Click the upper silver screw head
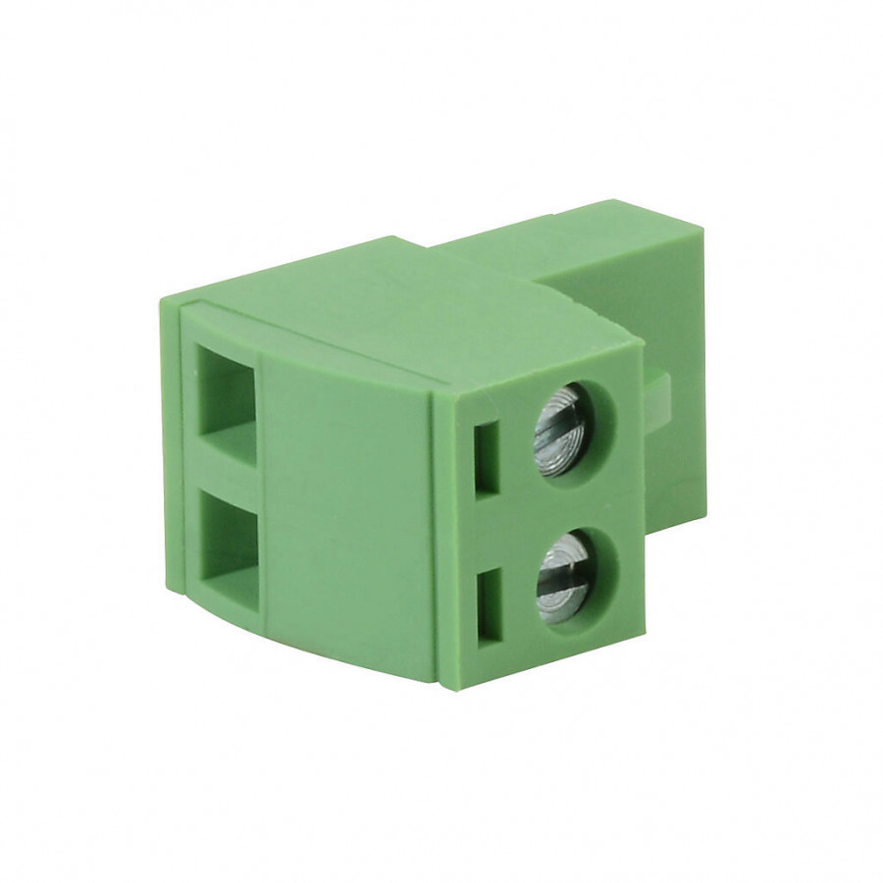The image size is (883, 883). coord(562,428)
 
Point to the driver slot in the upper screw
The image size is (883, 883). coord(563,428)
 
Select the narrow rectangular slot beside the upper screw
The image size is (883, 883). coord(488,457)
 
